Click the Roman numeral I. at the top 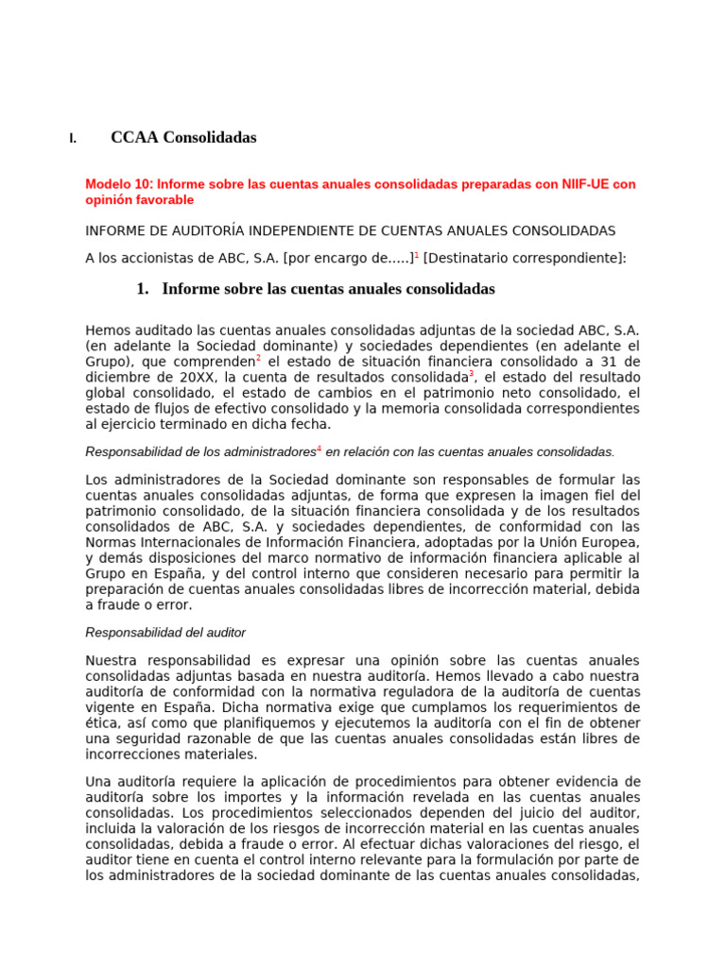pyautogui.click(x=72, y=139)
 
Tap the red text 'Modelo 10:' pyautogui.click(x=119, y=184)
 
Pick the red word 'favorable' pyautogui.click(x=166, y=200)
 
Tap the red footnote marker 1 pyautogui.click(x=417, y=254)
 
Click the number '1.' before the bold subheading pyautogui.click(x=143, y=289)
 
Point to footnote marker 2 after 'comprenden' pyautogui.click(x=259, y=358)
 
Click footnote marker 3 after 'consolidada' pyautogui.click(x=472, y=374)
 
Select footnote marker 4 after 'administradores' pyautogui.click(x=319, y=449)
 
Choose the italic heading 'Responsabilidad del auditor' pyautogui.click(x=165, y=632)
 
